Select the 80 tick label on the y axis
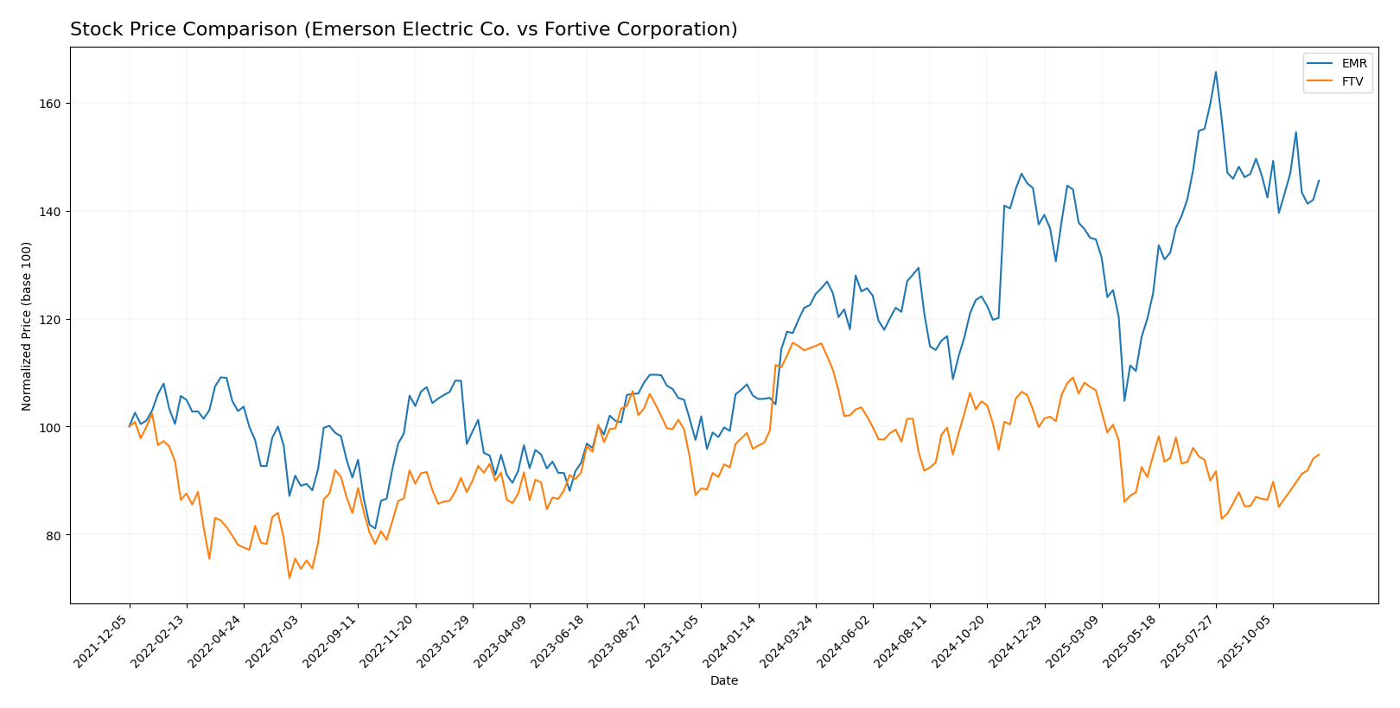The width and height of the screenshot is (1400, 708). click(x=54, y=535)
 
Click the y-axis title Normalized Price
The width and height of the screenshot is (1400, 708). click(x=27, y=326)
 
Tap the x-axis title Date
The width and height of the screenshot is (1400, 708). click(x=723, y=681)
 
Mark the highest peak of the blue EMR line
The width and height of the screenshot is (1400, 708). click(x=1215, y=72)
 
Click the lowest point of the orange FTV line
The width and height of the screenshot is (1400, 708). click(x=290, y=577)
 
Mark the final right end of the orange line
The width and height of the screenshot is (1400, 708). click(x=1319, y=455)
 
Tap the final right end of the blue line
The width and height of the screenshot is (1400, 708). click(x=1319, y=181)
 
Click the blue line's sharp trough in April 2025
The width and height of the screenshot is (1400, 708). click(x=1124, y=400)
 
